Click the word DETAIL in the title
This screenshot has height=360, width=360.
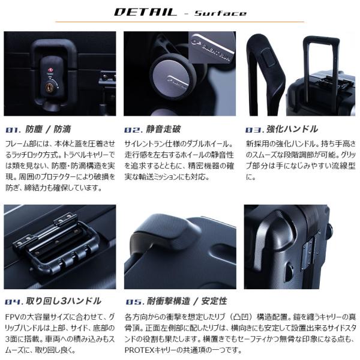click(145, 12)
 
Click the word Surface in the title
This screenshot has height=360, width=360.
click(220, 13)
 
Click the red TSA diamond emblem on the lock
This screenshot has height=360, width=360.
click(50, 70)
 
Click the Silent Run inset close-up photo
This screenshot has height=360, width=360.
click(212, 47)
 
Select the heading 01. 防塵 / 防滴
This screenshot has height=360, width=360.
click(38, 129)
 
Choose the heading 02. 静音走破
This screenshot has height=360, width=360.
click(152, 129)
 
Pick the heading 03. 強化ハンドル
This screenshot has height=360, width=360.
click(281, 129)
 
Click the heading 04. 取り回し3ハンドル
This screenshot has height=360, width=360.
click(53, 301)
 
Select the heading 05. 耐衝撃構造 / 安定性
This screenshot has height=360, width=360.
click(176, 301)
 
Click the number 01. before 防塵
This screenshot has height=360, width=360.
click(13, 130)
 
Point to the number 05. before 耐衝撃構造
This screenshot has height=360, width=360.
click(134, 302)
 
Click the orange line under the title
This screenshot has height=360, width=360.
click(180, 22)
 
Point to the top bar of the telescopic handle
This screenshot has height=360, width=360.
click(321, 40)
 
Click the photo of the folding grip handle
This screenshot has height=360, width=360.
click(60, 247)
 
